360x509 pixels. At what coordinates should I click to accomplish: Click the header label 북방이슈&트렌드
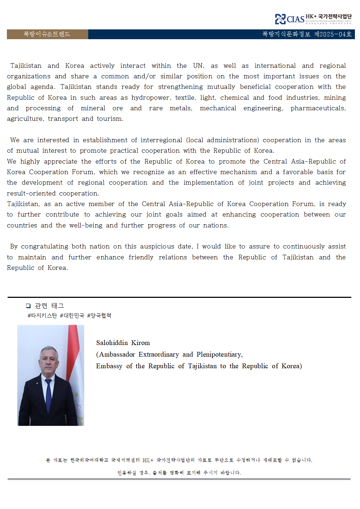coord(47,34)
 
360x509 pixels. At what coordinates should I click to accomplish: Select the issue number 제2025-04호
coord(333,34)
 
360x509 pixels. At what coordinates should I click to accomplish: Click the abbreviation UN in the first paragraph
coord(198,66)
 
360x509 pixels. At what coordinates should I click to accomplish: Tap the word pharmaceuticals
coord(318,108)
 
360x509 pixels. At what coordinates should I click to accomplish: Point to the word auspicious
coord(157,246)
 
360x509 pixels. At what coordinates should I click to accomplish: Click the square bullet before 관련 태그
coord(28,306)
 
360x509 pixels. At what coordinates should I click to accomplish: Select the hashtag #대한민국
coord(72,316)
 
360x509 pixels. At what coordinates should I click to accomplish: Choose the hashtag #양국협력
coord(99,316)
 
